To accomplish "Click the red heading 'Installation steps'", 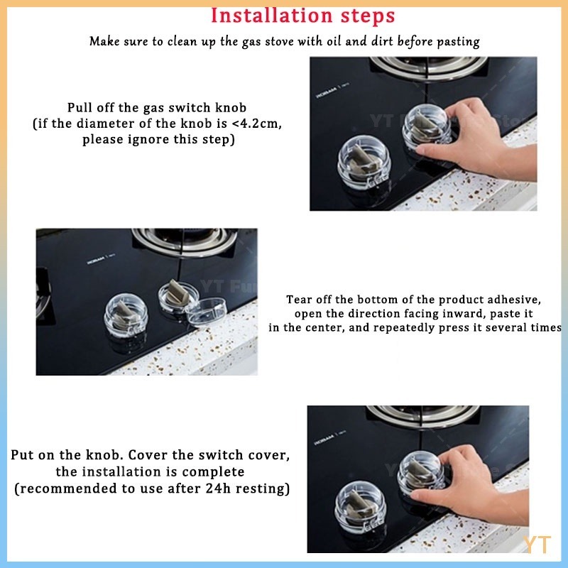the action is tap(302, 16).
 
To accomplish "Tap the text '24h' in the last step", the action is tap(219, 488).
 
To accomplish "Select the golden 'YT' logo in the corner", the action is tap(537, 544).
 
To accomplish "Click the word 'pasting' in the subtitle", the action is tap(458, 42).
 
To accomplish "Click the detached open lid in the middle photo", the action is tap(207, 312).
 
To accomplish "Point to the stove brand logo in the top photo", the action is tap(332, 91).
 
